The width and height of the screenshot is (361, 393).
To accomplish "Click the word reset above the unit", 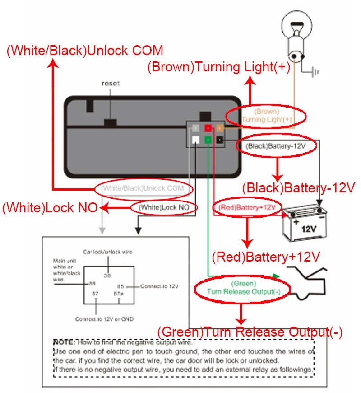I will pos(111,84).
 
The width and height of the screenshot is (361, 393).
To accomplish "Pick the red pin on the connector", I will pos(208,129).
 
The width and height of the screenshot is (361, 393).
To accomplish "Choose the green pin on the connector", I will pos(208,140).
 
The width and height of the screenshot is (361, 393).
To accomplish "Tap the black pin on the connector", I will pos(219,140).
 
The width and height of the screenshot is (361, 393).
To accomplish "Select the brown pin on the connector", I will pos(220,129).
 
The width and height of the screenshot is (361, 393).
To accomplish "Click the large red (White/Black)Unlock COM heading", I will pos(85,50).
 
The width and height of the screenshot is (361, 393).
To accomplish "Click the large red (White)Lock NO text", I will pos(50,208).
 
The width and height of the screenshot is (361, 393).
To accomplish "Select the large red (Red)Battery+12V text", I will pos(266,257).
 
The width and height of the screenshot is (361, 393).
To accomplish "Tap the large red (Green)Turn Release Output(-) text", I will pos(250,332).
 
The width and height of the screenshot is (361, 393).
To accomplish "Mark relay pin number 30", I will pos(107,275).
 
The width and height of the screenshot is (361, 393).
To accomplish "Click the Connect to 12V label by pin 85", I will pos(159,286).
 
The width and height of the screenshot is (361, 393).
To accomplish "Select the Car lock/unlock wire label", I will pos(107,252).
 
